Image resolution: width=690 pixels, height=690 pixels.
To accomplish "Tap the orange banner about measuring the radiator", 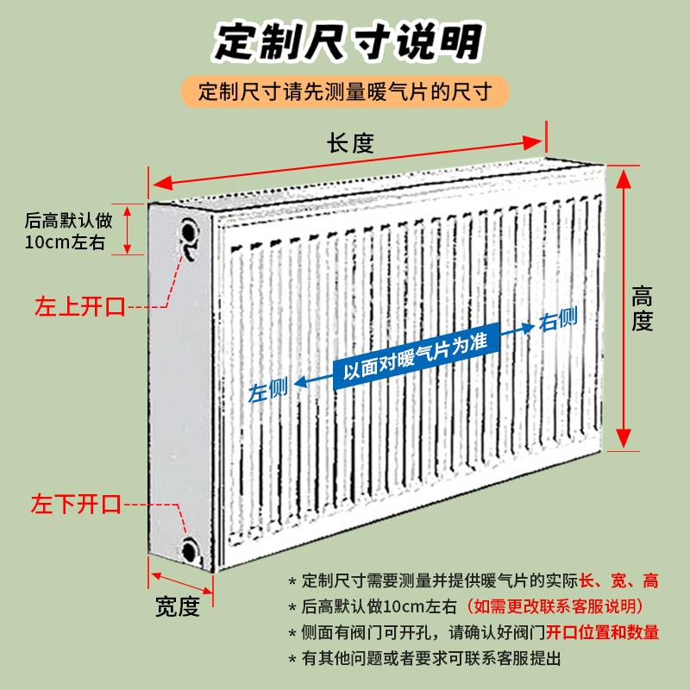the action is coord(345,91).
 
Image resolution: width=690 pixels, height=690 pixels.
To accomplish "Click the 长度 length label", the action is coord(349,143).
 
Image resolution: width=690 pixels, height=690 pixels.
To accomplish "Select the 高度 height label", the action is coord(643,309).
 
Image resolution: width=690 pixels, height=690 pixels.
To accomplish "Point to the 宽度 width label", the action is coord(178,606).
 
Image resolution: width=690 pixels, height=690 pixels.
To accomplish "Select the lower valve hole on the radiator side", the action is coord(189,549).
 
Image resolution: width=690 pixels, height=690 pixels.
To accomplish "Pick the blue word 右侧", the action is coord(558,321).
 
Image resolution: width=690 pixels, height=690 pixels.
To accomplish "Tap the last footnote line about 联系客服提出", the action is coord(431,659).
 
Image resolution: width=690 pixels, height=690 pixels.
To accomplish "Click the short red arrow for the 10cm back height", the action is coord(128,229).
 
